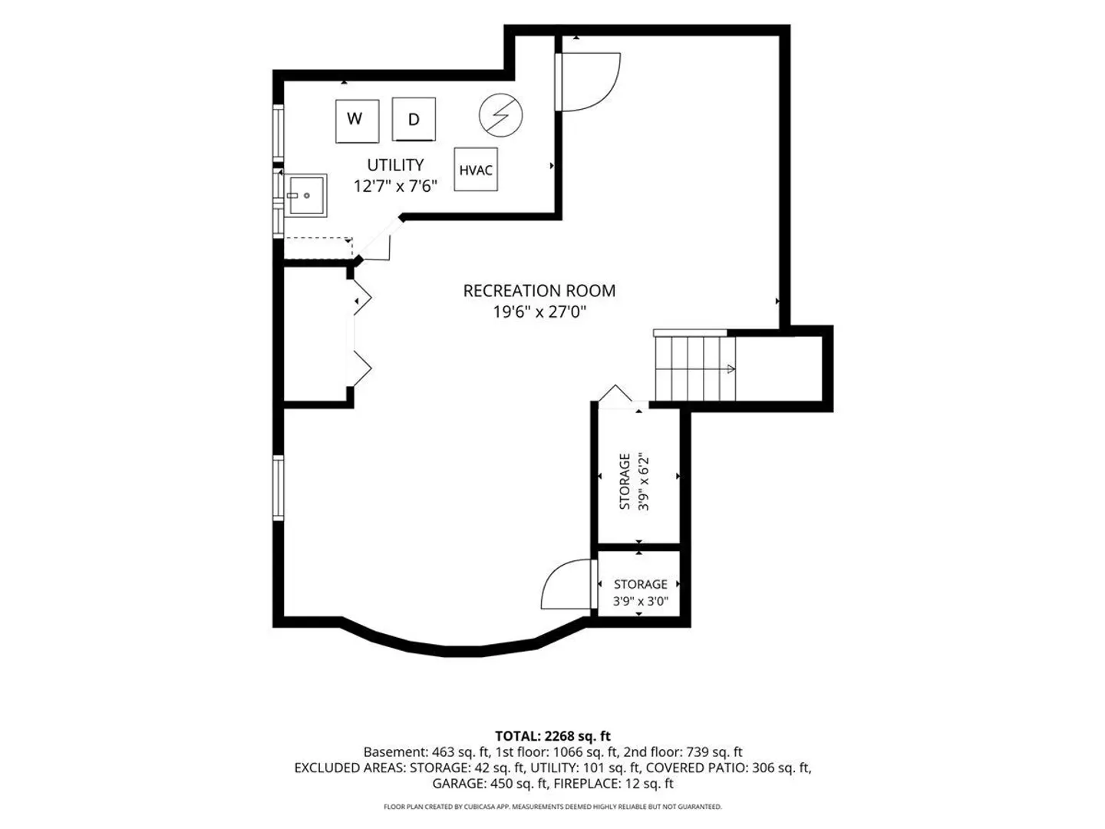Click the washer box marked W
(x=357, y=121)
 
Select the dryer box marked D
(x=414, y=119)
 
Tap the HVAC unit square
(x=476, y=169)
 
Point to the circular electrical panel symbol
(x=500, y=115)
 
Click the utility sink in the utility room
(x=305, y=195)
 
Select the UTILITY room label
(x=395, y=165)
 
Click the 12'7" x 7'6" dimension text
(x=395, y=187)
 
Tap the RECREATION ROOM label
(x=539, y=291)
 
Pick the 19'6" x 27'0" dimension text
(x=539, y=312)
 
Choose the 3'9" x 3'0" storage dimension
(x=640, y=601)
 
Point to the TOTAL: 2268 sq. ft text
(x=552, y=736)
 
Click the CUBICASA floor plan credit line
(x=552, y=806)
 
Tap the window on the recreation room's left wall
(x=277, y=487)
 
